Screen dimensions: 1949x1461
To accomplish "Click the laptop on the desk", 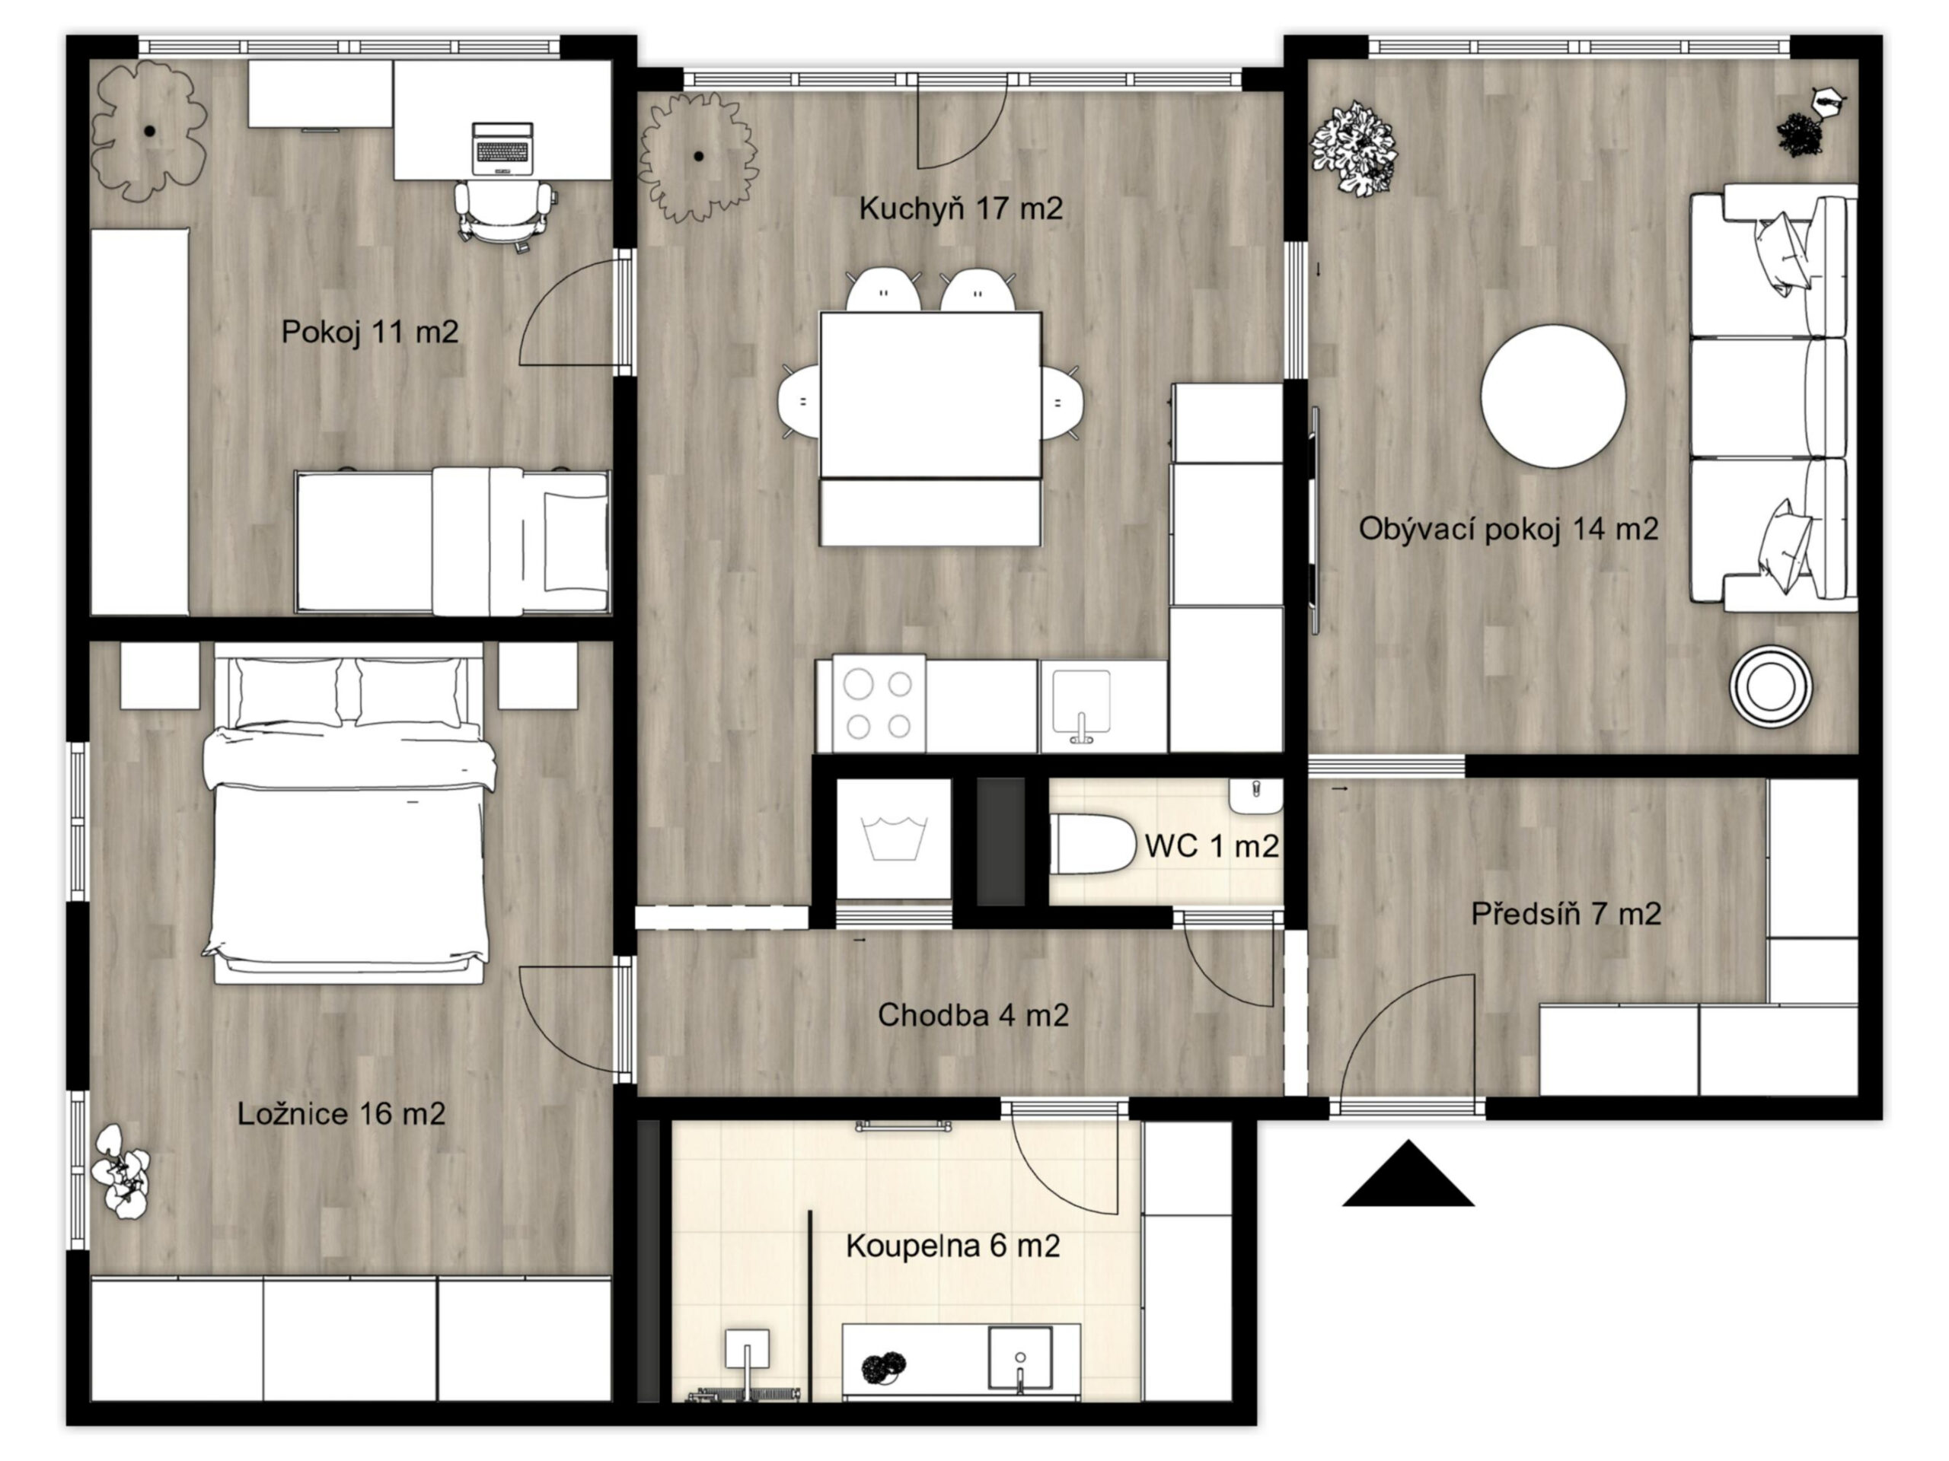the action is tap(503, 148).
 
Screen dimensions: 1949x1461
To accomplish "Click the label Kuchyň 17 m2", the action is tap(960, 208).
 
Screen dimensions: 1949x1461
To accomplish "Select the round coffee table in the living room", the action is tap(1552, 396).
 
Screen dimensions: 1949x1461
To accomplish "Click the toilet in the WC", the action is tap(1093, 845).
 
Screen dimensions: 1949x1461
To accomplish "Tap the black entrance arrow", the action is tap(1408, 1173).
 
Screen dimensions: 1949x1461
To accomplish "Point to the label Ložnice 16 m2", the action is tap(341, 1114).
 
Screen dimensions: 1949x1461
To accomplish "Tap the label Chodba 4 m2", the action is tap(973, 1015).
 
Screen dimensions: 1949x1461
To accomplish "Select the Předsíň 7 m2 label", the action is tap(1566, 913).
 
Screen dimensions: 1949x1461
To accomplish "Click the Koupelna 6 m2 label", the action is tap(952, 1246).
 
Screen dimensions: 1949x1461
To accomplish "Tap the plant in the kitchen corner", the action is tap(698, 157).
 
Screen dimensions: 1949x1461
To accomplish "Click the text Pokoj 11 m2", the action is tap(369, 332).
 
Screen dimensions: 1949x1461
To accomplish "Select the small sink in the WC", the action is tap(1255, 795).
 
